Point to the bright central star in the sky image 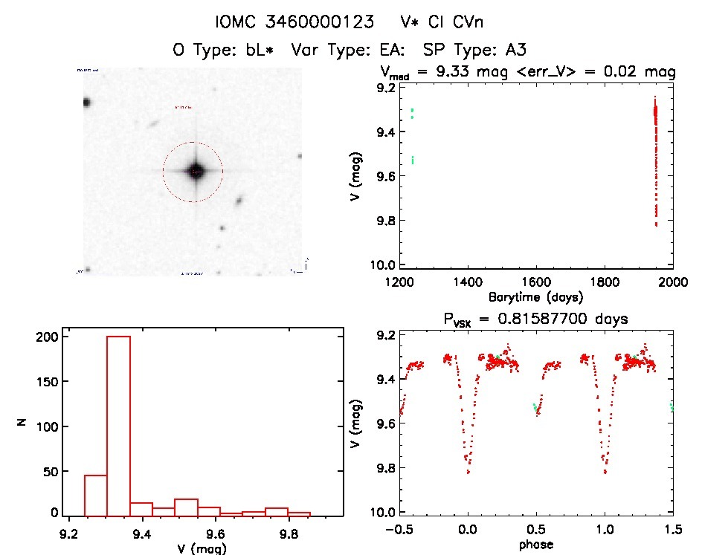pos(195,171)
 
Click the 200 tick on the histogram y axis pos(47,337)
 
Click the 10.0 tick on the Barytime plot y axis pos(384,265)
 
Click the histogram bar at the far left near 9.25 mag pos(96,495)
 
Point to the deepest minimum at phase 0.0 pos(468,471)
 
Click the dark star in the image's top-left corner pos(86,103)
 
